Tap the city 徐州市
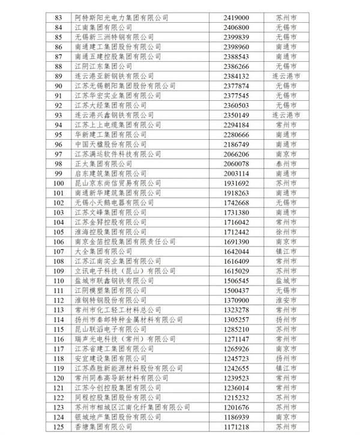[286, 232]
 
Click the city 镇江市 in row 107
[286, 251]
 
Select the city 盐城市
[286, 280]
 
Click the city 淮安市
[286, 299]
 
